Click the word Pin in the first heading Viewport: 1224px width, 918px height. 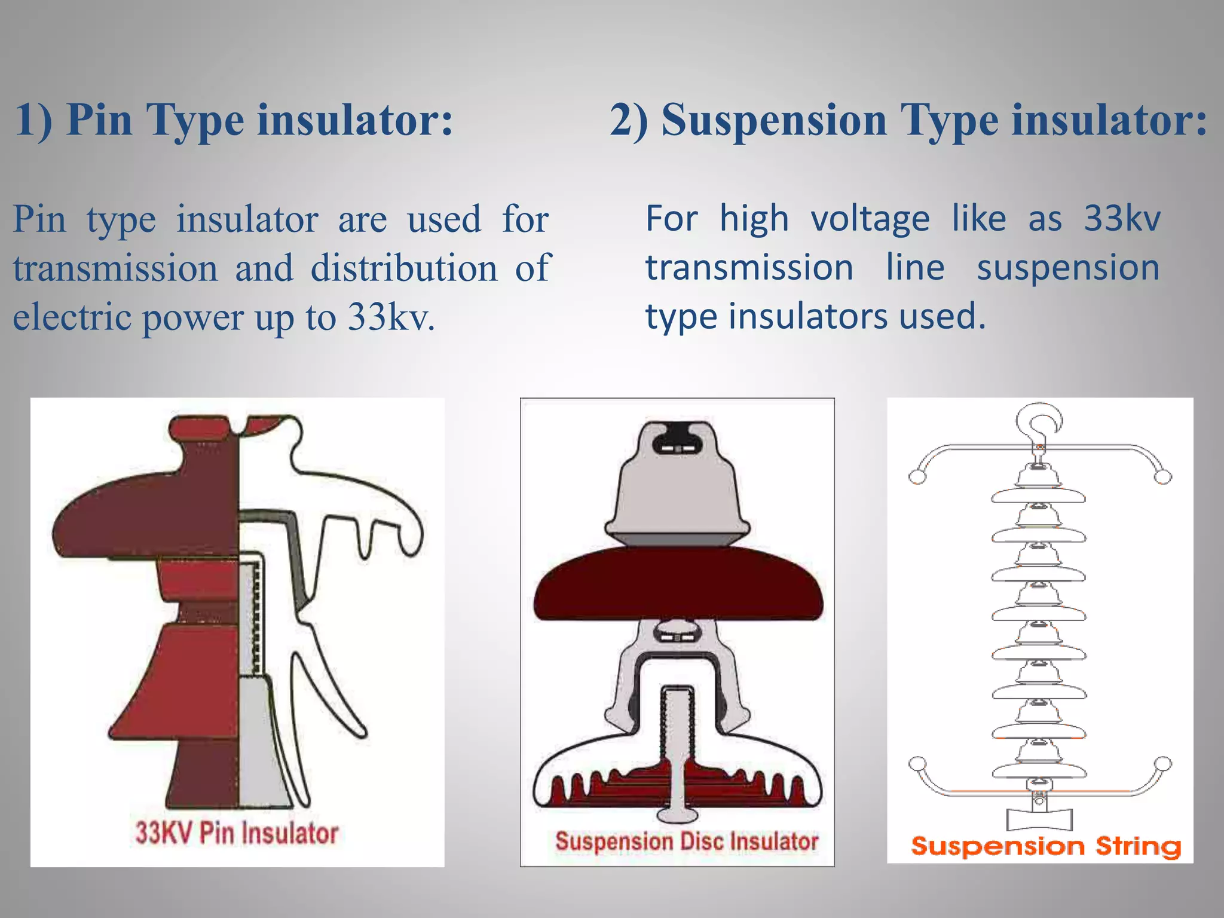click(99, 120)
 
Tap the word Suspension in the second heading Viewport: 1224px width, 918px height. click(773, 120)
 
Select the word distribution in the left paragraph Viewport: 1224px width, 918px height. click(404, 268)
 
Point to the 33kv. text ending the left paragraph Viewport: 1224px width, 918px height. click(391, 317)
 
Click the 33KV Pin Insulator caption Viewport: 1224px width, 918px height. click(237, 833)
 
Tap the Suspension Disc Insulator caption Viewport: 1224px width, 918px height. click(687, 841)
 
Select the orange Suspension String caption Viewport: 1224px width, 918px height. click(1046, 846)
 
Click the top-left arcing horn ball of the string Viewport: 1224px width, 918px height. click(917, 476)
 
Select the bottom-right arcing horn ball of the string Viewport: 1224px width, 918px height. click(1163, 764)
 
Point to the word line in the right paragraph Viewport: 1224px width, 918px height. click(915, 268)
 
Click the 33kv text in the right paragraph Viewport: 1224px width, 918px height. click(1122, 219)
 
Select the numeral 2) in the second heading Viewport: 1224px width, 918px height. click(629, 120)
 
